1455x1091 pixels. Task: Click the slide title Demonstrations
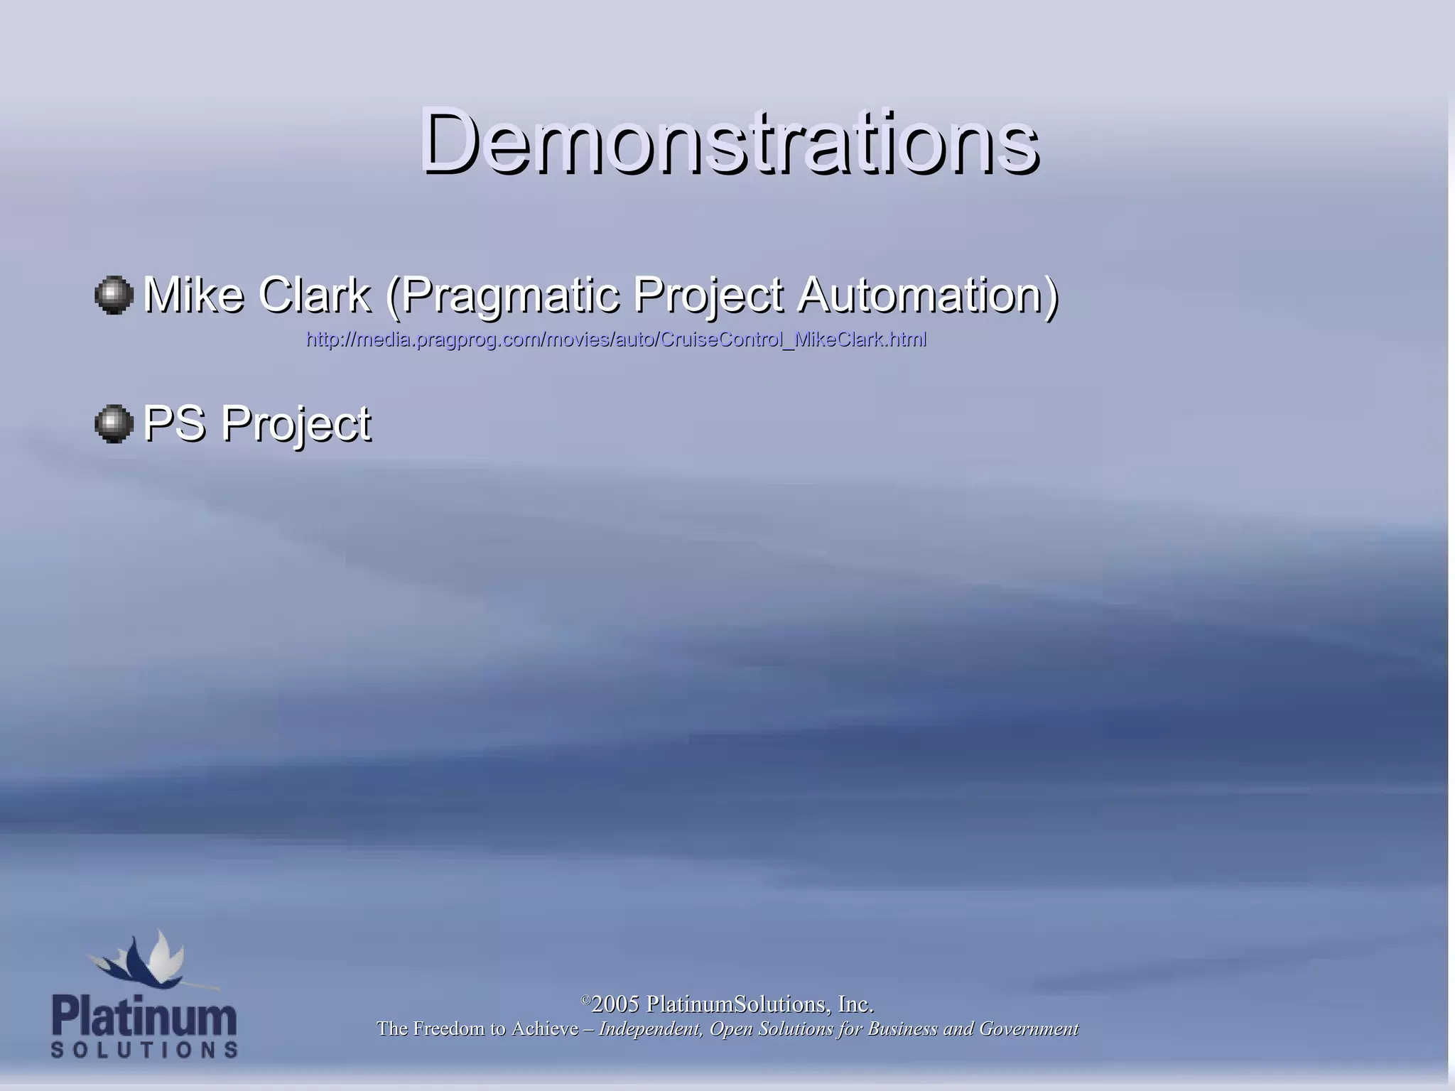click(x=729, y=140)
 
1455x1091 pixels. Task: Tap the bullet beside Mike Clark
click(x=114, y=295)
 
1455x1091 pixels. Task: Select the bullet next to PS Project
click(x=114, y=424)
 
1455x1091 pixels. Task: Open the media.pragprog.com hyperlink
click(x=616, y=340)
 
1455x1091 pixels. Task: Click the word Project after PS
click(x=296, y=425)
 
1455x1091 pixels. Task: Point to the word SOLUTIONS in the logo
click(x=144, y=1050)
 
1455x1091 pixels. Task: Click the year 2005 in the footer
click(x=615, y=1004)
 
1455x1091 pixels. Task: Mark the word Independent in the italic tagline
click(x=650, y=1029)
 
